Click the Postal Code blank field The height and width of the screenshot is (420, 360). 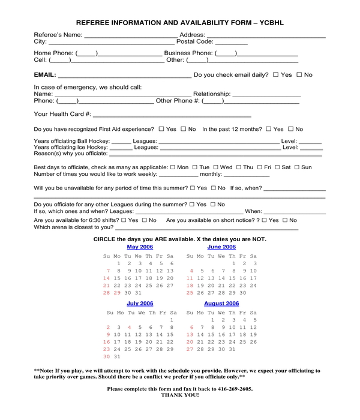[227, 43]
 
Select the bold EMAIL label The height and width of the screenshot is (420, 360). [45, 75]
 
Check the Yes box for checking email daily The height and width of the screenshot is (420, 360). [276, 75]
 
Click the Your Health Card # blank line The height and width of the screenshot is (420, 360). [172, 114]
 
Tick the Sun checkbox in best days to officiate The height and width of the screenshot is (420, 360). [296, 167]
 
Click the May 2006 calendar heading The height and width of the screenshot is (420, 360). [140, 247]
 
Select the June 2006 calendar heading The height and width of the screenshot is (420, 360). [221, 247]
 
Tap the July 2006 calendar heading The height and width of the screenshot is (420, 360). [140, 304]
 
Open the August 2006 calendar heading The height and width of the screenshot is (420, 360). [221, 304]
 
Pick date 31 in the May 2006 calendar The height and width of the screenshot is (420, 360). [139, 293]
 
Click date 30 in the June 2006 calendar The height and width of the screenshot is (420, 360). [243, 293]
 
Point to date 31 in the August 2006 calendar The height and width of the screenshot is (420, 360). [233, 349]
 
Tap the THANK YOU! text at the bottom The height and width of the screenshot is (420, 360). [179, 395]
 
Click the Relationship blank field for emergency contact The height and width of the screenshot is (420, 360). [266, 94]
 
